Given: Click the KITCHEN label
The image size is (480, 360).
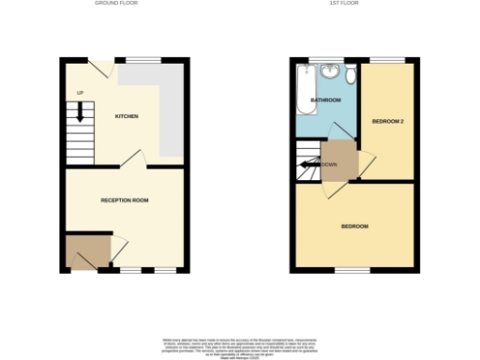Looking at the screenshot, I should pyautogui.click(x=127, y=116).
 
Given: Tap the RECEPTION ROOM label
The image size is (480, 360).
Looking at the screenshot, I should pyautogui.click(x=126, y=200).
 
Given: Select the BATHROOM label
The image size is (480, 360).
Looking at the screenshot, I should pyautogui.click(x=325, y=99).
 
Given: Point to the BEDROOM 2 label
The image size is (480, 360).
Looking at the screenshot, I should pyautogui.click(x=388, y=122).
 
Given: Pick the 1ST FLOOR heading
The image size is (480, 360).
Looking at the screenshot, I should pyautogui.click(x=340, y=4).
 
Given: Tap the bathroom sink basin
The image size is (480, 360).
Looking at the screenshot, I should pyautogui.click(x=330, y=72).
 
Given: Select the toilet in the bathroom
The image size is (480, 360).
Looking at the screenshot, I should pyautogui.click(x=350, y=74).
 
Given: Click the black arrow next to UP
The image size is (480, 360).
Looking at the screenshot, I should pyautogui.click(x=81, y=112).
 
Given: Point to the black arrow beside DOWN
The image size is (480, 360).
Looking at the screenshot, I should pyautogui.click(x=307, y=165).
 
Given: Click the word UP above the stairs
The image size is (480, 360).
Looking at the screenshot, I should pyautogui.click(x=80, y=93).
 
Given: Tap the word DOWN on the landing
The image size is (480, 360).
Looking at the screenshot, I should pyautogui.click(x=330, y=165).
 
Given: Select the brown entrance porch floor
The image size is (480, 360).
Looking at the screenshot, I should pyautogui.click(x=86, y=251).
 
